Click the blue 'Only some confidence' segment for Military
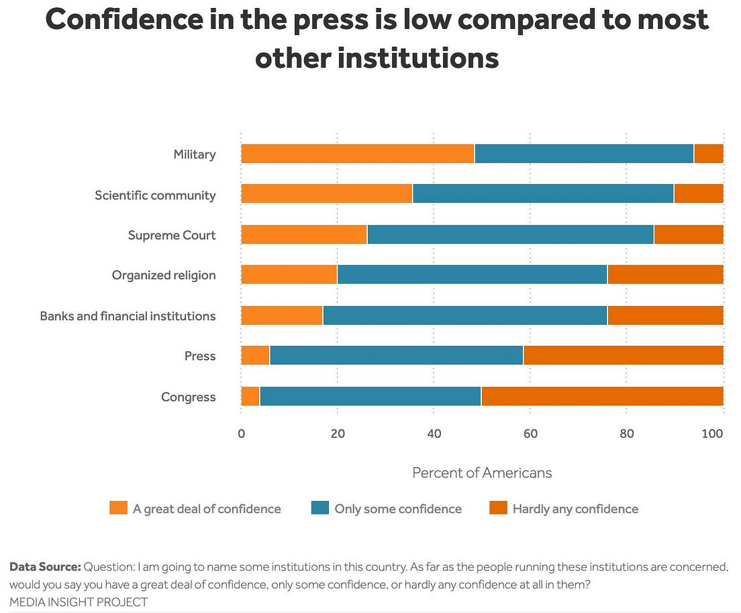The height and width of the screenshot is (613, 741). point(584,154)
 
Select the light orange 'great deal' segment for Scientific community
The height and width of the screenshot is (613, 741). point(327,193)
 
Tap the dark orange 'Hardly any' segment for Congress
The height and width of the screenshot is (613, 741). point(602,397)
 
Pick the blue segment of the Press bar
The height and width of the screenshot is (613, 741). point(396,355)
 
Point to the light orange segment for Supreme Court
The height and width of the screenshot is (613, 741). point(304,234)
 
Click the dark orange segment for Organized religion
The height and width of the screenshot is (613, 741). point(665,275)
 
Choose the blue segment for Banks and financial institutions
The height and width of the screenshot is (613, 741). point(465,316)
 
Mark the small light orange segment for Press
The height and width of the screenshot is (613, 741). point(256,355)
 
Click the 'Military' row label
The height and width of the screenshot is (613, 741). point(195,154)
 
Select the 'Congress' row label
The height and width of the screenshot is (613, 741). point(189,397)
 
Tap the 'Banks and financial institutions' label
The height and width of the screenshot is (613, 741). point(128,316)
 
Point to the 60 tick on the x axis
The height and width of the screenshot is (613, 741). point(530,434)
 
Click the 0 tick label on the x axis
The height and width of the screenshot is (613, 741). point(241,434)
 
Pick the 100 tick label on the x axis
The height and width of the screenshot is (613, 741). point(712,434)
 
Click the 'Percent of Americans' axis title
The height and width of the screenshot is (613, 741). point(482,473)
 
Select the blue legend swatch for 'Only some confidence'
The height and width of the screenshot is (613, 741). point(319,508)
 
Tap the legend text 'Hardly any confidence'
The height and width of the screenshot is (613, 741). point(575,509)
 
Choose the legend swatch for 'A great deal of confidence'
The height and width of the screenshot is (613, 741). point(118,508)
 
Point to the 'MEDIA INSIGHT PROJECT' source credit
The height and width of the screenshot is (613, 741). point(79,602)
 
